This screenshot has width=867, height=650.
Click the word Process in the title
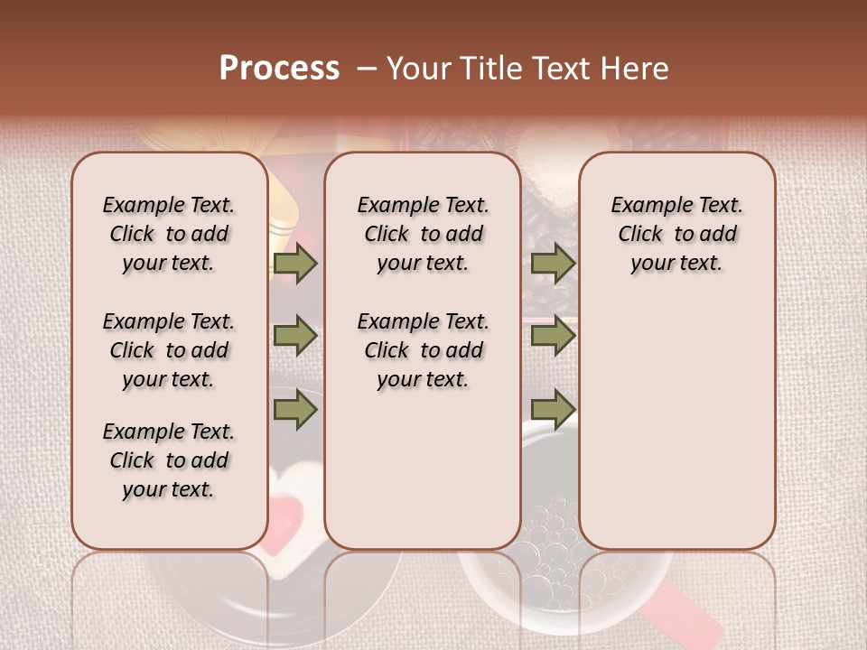279,68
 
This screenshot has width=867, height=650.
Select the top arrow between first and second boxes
295,264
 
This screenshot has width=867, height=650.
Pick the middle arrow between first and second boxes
295,337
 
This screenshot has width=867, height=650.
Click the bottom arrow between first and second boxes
295,410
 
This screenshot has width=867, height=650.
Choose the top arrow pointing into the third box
553,264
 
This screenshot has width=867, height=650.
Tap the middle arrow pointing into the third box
553,337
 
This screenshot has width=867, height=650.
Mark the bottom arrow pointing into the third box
553,410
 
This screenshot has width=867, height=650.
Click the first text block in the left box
169,234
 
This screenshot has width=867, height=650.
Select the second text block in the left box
169,350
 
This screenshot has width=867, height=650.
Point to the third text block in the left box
169,460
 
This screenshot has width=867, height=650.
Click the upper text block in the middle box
423,234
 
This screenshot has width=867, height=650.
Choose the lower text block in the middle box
423,350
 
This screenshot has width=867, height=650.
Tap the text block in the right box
677,234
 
